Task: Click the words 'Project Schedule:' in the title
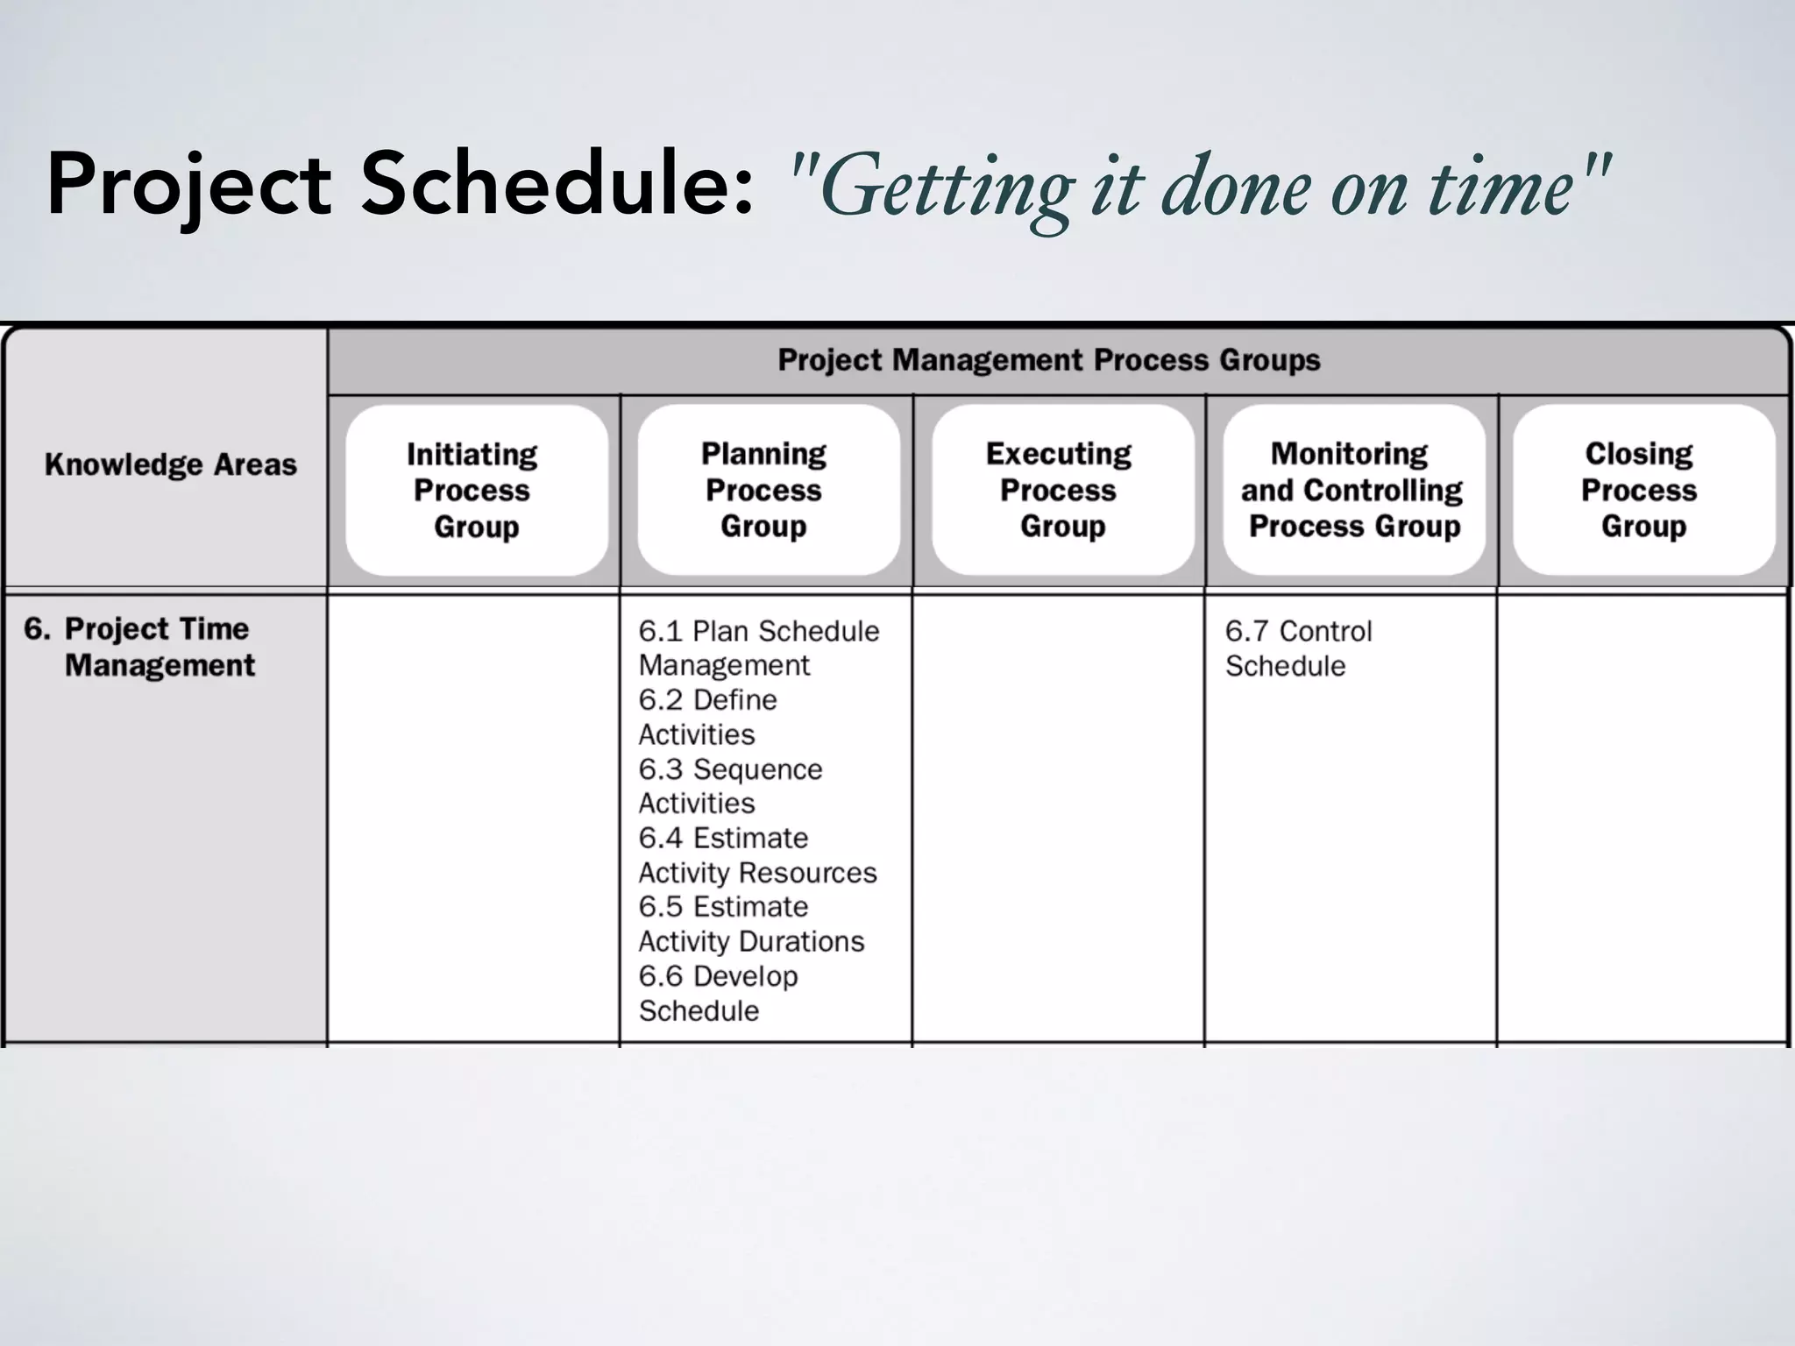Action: [399, 186]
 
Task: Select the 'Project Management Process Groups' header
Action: [1048, 360]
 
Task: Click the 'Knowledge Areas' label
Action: [171, 464]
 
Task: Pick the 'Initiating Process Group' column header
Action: [474, 490]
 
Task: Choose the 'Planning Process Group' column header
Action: [764, 490]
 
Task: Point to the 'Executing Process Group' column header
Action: [1060, 490]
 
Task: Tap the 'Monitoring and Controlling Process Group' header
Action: [1352, 490]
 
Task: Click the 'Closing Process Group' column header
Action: [1640, 490]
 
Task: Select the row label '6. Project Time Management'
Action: [140, 647]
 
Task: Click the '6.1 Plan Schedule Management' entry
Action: [758, 648]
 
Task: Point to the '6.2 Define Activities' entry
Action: [707, 717]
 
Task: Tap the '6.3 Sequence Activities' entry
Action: [730, 786]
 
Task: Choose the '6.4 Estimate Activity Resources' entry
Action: [757, 855]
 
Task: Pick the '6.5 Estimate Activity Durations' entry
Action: [751, 924]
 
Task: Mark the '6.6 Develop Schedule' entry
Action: [718, 993]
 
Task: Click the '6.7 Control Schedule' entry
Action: [1298, 648]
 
